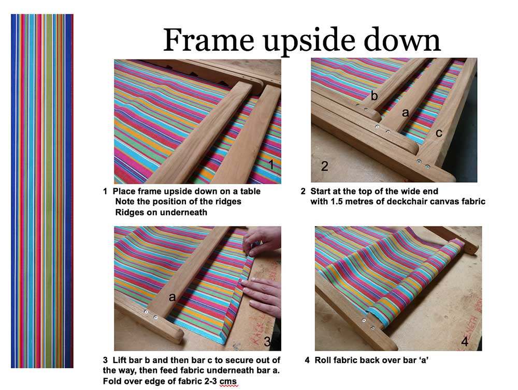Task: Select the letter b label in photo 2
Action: tap(374, 95)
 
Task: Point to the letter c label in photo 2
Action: tap(439, 133)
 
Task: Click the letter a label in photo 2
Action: tap(405, 113)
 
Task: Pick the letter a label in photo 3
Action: tap(172, 297)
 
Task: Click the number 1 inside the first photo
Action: tap(271, 164)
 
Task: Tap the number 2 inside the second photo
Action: tap(325, 166)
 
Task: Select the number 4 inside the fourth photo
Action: tap(465, 341)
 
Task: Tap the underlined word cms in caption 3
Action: tap(228, 381)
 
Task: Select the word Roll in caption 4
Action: tap(322, 360)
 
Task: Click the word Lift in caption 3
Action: tap(119, 360)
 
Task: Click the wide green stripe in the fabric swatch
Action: tap(49, 191)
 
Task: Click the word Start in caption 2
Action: tap(321, 191)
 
